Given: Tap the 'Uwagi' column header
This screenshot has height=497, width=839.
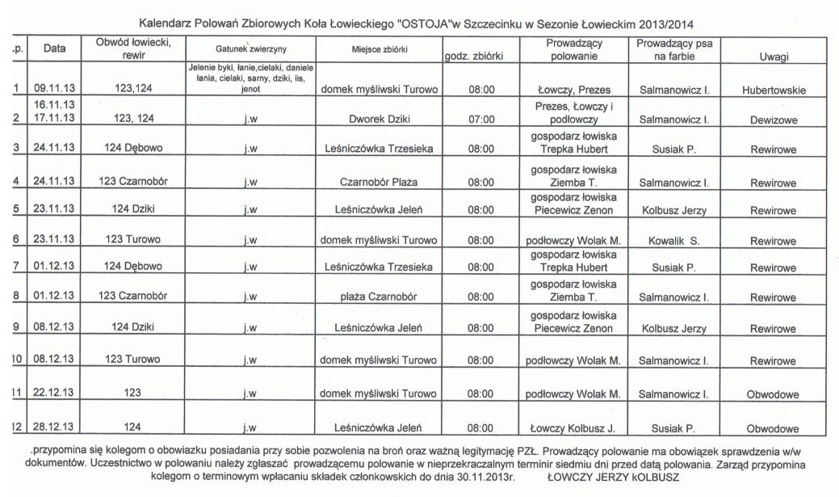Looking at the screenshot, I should coord(774,57).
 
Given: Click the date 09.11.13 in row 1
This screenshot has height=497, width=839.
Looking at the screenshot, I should coord(55,90).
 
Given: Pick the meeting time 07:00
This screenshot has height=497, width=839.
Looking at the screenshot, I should coord(481,120).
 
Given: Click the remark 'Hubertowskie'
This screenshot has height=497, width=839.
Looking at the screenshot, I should coord(774,90).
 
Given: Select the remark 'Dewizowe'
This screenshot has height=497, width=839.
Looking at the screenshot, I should coord(774,120).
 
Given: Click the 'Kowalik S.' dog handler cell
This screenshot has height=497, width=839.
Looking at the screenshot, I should coord(673,240).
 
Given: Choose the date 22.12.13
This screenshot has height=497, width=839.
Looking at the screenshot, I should coord(55,394).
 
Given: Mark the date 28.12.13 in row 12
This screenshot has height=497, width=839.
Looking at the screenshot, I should coord(55,426).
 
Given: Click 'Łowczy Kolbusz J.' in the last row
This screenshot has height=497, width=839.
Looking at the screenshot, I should coord(572,426).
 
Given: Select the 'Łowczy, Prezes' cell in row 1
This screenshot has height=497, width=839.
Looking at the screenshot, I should coord(572,90).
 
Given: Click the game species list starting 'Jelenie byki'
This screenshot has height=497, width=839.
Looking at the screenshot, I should coord(254,78).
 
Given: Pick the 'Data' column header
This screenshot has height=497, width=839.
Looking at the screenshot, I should coord(55,49).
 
